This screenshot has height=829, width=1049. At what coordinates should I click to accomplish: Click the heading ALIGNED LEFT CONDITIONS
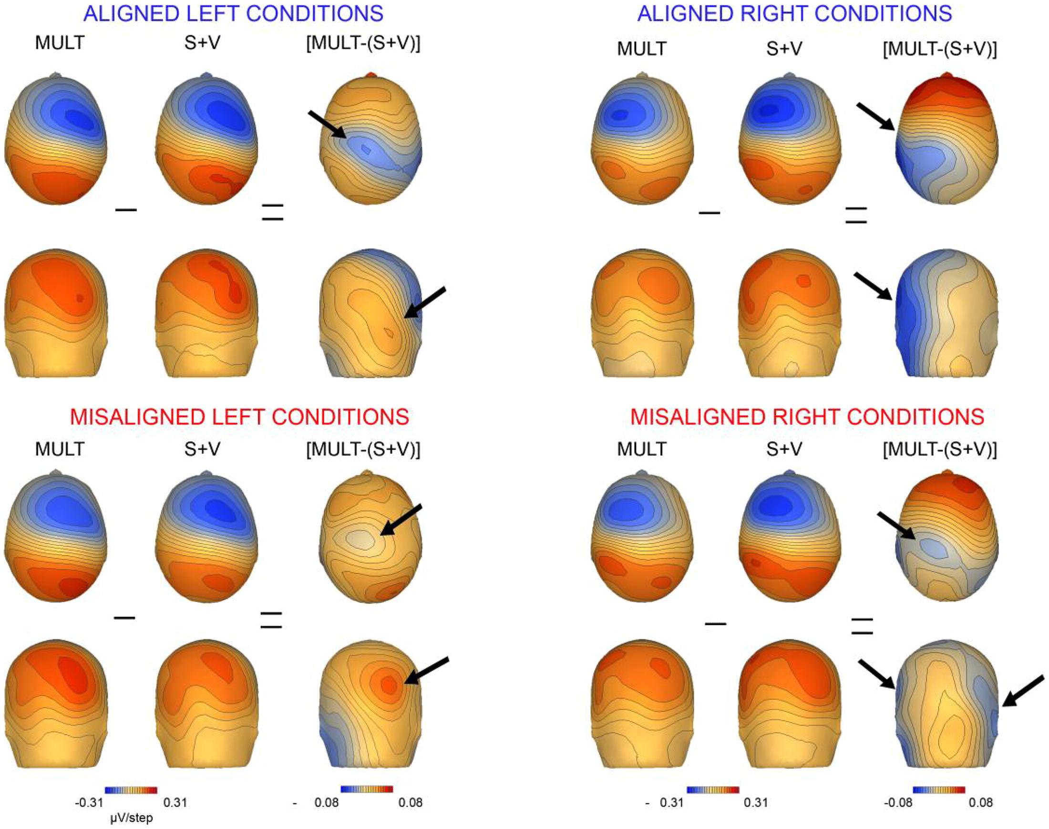pyautogui.click(x=233, y=13)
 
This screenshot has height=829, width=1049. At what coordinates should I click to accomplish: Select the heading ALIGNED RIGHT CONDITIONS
pyautogui.click(x=794, y=13)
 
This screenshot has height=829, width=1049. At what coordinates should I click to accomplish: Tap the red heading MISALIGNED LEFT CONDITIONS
pyautogui.click(x=239, y=416)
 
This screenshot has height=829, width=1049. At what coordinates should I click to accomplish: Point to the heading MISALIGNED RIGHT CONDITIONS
pyautogui.click(x=807, y=416)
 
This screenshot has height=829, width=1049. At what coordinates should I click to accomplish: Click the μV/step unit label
pyautogui.click(x=131, y=819)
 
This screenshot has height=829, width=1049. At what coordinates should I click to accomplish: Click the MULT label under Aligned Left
pyautogui.click(x=60, y=43)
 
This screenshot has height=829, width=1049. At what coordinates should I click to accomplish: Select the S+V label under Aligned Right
pyautogui.click(x=784, y=49)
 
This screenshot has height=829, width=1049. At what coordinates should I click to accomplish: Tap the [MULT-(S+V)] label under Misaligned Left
pyautogui.click(x=363, y=449)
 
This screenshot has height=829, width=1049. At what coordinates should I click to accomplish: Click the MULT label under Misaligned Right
pyautogui.click(x=641, y=449)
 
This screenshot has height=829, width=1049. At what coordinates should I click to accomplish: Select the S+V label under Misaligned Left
pyautogui.click(x=202, y=449)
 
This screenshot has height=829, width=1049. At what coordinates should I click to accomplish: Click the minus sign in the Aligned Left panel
pyautogui.click(x=126, y=210)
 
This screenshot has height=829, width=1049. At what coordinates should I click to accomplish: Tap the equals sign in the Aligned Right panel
pyautogui.click(x=856, y=215)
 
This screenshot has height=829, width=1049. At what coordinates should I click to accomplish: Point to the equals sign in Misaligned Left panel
pyautogui.click(x=271, y=620)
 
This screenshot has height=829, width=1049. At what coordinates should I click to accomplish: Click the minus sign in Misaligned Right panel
pyautogui.click(x=715, y=623)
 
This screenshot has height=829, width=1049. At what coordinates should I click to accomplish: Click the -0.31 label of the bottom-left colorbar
pyautogui.click(x=90, y=803)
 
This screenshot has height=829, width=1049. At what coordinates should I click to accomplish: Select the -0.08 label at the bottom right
pyautogui.click(x=898, y=803)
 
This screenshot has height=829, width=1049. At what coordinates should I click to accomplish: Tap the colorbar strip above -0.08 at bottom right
pyautogui.click(x=938, y=790)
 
